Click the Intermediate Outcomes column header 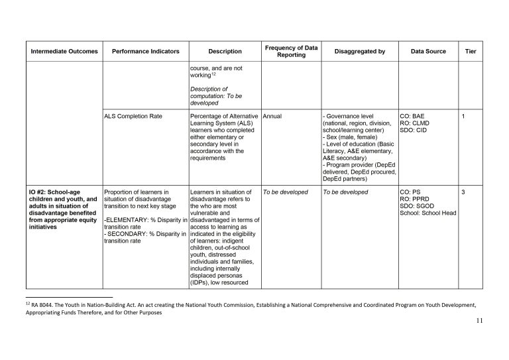[x=64, y=51]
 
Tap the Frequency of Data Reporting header [x=291, y=50]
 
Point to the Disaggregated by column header [x=360, y=51]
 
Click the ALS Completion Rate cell [x=133, y=116]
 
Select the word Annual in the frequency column [x=273, y=116]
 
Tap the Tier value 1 [x=463, y=116]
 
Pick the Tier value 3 [x=463, y=192]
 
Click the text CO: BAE [x=414, y=116]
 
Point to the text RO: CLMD [x=416, y=123]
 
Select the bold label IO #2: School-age [x=54, y=192]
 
